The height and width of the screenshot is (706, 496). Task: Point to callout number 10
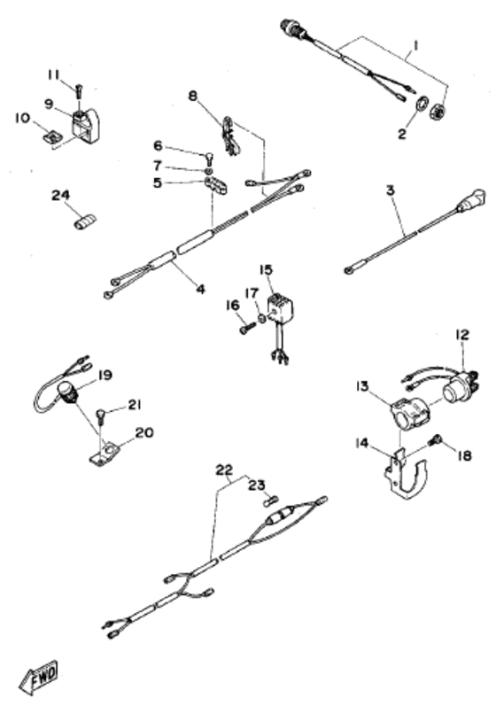coord(22,117)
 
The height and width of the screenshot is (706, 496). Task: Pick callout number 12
coord(461,335)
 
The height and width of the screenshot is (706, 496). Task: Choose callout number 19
coord(105,376)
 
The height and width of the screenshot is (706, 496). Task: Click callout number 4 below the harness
coord(200,289)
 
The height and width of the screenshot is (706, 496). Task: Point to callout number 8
coord(194,97)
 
